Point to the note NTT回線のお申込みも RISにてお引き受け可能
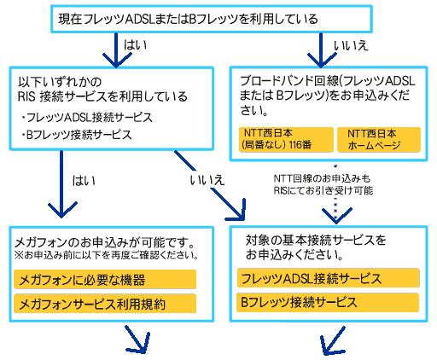pyautogui.click(x=323, y=184)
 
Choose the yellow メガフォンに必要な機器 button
pyautogui.click(x=106, y=279)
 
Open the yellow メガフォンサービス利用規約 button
pyautogui.click(x=106, y=303)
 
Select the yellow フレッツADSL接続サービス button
pyautogui.click(x=328, y=279)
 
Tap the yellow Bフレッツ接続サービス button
pyautogui.click(x=328, y=302)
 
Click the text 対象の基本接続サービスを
pyautogui.click(x=316, y=240)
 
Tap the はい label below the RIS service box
pyautogui.click(x=84, y=180)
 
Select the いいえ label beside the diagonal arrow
pyautogui.click(x=205, y=180)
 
